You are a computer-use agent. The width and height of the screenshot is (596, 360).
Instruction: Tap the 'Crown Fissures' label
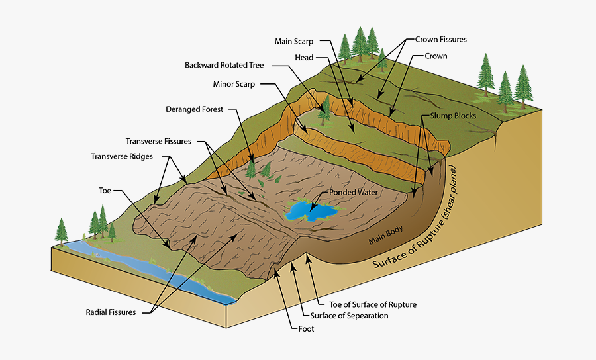(441, 40)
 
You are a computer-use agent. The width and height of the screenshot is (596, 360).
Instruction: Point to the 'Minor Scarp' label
(234, 85)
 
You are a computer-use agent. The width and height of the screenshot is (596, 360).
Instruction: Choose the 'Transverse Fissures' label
(158, 141)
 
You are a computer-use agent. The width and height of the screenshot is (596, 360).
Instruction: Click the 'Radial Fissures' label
(111, 312)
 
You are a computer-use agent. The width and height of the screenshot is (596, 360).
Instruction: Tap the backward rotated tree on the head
(324, 109)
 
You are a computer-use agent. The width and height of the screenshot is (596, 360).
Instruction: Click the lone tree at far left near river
(61, 230)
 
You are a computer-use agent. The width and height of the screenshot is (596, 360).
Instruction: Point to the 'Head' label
(304, 58)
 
